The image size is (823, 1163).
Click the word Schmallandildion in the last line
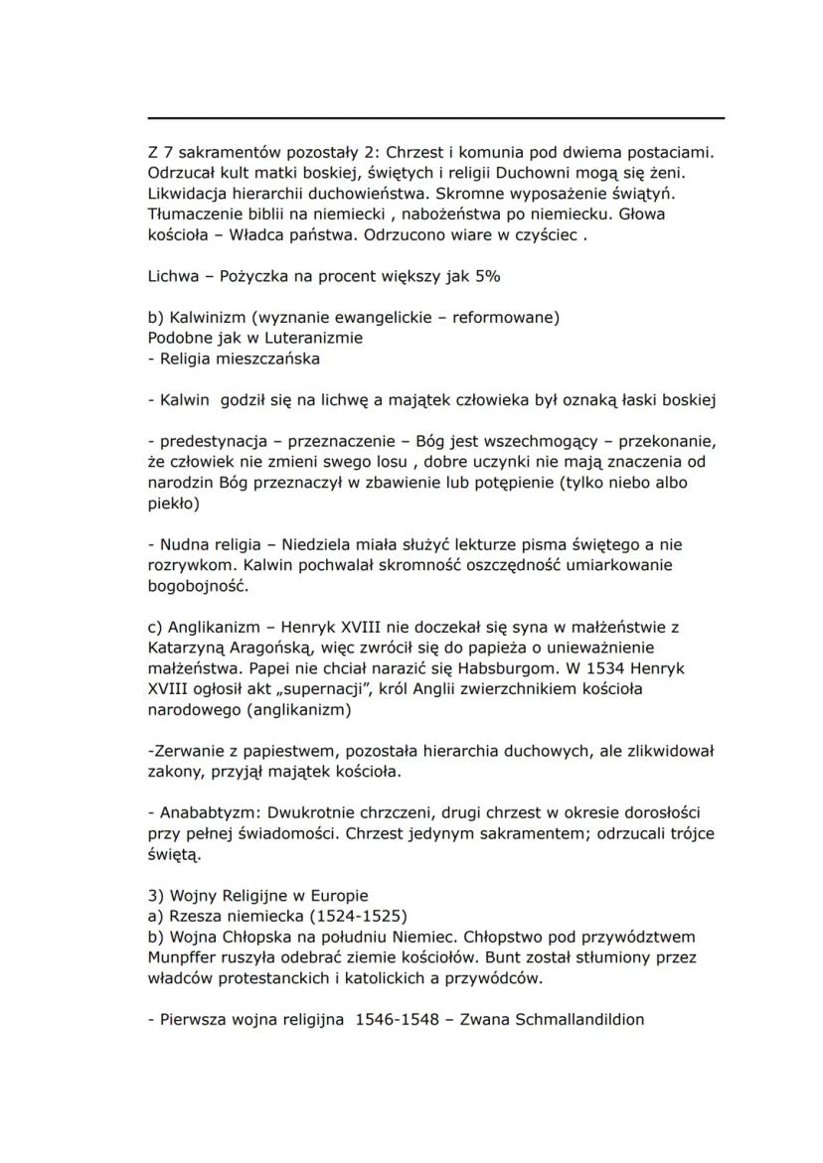(579, 1019)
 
